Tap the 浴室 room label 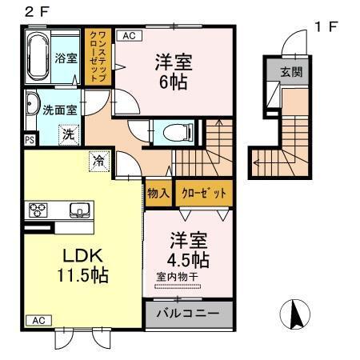66,58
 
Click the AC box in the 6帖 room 128,36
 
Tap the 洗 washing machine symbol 69,134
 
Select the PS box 30,139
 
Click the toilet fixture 175,131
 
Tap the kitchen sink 80,211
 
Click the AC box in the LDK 38,320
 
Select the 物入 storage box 157,193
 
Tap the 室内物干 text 179,277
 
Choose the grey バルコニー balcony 189,312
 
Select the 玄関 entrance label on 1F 290,71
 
